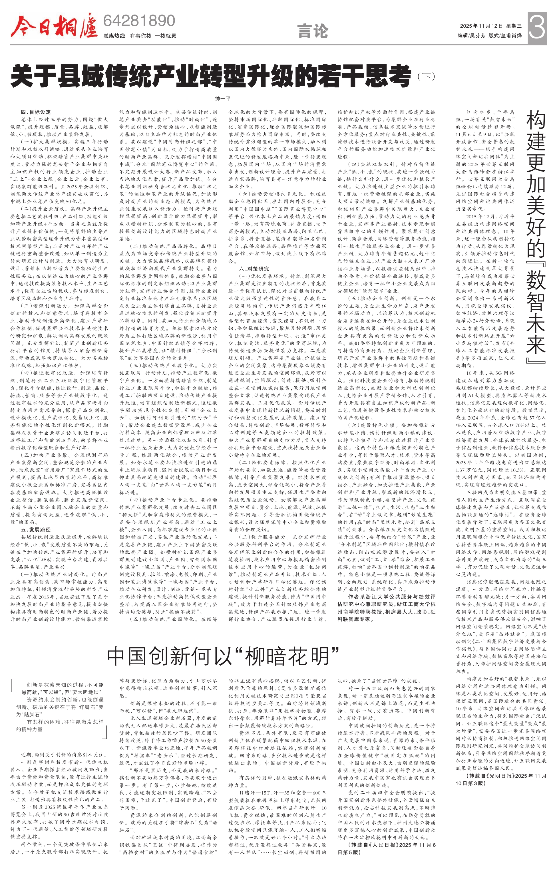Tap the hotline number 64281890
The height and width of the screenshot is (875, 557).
[x=139, y=21]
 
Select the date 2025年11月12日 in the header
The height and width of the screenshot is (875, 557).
[x=481, y=26]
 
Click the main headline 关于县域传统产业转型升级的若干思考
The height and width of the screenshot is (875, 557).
[x=211, y=75]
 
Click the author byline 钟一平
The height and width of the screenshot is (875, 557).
[x=223, y=98]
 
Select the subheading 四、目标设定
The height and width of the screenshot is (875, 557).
[x=36, y=112]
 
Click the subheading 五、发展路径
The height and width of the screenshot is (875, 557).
[x=36, y=529]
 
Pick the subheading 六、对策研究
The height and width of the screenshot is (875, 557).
[x=254, y=269]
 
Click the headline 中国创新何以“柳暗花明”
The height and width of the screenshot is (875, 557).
[x=223, y=656]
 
